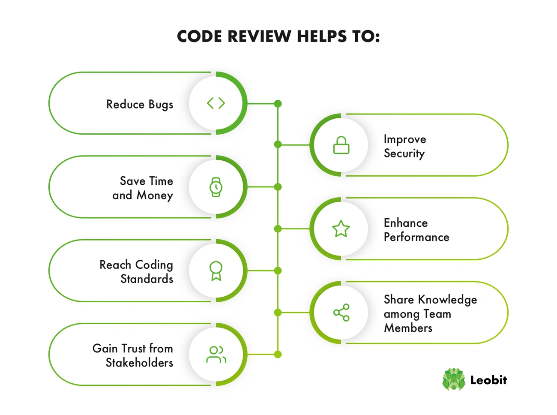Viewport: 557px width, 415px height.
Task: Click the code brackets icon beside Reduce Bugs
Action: pyautogui.click(x=216, y=103)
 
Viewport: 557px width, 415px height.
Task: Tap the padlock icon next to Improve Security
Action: pyautogui.click(x=341, y=145)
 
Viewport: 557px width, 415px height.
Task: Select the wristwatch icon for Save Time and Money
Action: pyautogui.click(x=216, y=187)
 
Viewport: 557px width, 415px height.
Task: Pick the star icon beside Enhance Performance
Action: pyautogui.click(x=341, y=229)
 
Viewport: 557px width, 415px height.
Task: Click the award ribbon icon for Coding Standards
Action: pyautogui.click(x=216, y=271)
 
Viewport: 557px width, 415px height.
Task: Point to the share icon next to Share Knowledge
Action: pyautogui.click(x=341, y=313)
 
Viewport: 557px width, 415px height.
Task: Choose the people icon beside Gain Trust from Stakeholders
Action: pyautogui.click(x=216, y=355)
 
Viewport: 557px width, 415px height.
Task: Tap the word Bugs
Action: pyautogui.click(x=161, y=105)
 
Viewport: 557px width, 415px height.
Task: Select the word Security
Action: pyautogui.click(x=404, y=153)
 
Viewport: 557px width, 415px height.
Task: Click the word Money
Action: pyautogui.click(x=155, y=195)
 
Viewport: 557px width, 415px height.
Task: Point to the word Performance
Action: pyautogui.click(x=416, y=237)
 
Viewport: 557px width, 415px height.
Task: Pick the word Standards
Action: pyautogui.click(x=147, y=279)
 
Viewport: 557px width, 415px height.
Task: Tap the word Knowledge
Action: pyautogui.click(x=447, y=300)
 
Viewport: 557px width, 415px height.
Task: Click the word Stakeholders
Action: pyautogui.click(x=139, y=363)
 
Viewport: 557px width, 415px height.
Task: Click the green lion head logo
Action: pyautogui.click(x=453, y=379)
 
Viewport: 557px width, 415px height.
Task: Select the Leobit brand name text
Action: pyautogui.click(x=488, y=380)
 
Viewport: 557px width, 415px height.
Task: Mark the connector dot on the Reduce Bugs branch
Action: pyautogui.click(x=278, y=103)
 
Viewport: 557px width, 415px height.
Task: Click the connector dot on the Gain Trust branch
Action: pyautogui.click(x=278, y=355)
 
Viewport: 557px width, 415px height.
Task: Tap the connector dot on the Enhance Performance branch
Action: pyautogui.click(x=278, y=229)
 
